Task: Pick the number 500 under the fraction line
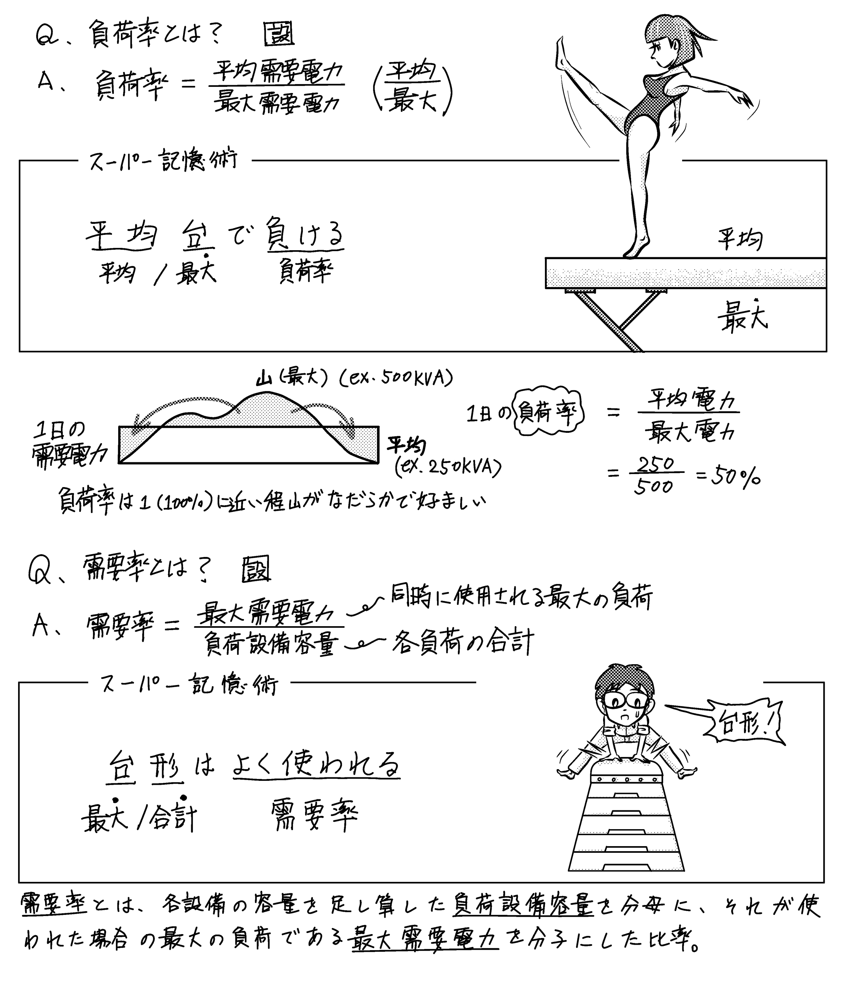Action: coord(654,487)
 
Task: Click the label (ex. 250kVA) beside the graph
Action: coord(448,468)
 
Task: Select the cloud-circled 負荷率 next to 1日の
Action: coord(549,414)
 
